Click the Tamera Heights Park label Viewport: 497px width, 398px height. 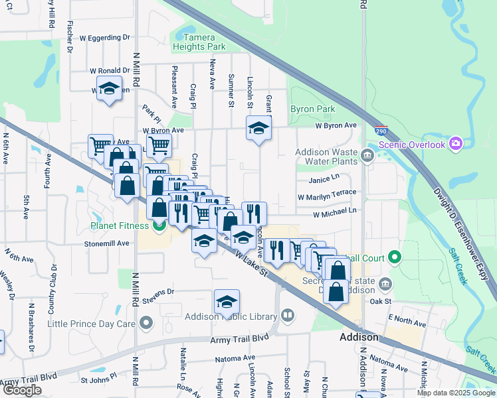tap(199, 42)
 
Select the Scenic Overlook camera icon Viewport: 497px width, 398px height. tap(455, 143)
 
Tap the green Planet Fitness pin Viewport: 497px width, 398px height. tap(159, 226)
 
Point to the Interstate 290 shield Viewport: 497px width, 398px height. tap(381, 131)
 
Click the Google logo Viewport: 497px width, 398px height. tap(22, 390)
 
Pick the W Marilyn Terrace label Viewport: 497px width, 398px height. tap(327, 196)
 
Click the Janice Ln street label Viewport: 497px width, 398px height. tap(324, 179)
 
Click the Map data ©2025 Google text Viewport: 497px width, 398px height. tap(455, 393)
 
